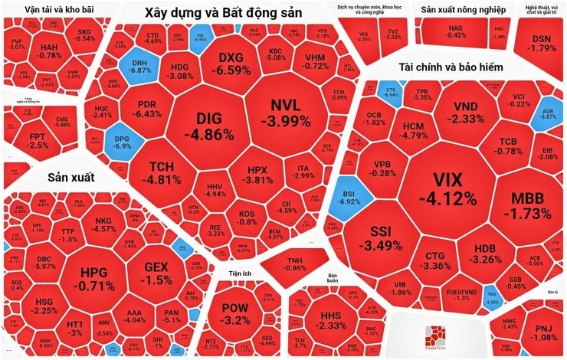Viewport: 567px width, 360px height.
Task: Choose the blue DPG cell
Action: (x=123, y=141)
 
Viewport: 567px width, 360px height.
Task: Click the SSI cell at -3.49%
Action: (x=381, y=239)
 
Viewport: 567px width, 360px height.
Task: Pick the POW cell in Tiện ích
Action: (x=235, y=314)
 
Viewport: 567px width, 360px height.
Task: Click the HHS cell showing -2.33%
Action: (x=332, y=320)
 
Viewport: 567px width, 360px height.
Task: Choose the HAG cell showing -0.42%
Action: (x=456, y=31)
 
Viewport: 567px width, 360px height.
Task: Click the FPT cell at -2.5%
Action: (x=38, y=140)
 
